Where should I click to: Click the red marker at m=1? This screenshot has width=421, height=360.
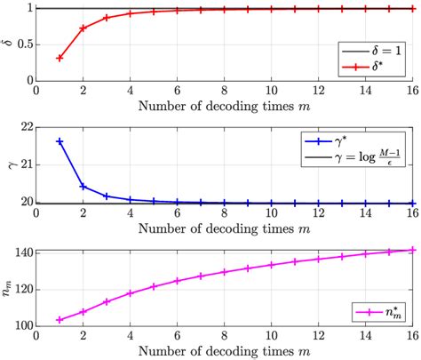tap(60, 58)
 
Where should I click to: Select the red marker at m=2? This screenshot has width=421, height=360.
tap(83, 28)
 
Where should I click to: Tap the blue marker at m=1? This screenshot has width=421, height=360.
tap(60, 141)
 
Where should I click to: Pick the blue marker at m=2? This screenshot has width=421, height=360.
tap(83, 187)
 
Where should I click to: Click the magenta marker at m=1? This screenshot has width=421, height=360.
tap(60, 319)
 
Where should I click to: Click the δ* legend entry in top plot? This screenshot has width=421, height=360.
tap(373, 67)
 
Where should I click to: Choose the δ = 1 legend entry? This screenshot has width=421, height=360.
tap(373, 50)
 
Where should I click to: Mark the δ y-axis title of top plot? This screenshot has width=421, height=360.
tap(9, 44)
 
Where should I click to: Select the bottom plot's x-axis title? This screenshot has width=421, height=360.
tap(223, 351)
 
